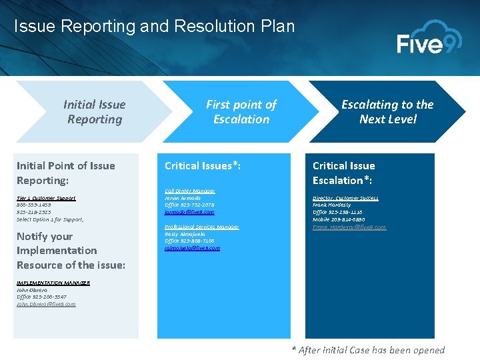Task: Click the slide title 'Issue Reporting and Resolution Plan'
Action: point(154,27)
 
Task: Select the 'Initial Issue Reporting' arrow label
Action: point(94,112)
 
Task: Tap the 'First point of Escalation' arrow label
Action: point(241,112)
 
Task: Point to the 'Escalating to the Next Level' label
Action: point(387,112)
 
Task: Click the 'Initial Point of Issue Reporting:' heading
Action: point(65,173)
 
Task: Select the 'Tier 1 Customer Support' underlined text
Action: point(46,198)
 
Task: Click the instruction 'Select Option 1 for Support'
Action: point(50,219)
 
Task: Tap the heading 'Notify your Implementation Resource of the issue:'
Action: point(71,251)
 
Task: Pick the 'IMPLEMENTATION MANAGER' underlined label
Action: point(53,283)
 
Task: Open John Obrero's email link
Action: point(46,304)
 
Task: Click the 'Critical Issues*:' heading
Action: point(203,165)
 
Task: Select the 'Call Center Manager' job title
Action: point(189,191)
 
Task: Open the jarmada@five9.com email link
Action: point(189,212)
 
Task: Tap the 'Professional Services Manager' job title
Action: point(201,227)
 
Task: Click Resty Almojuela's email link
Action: point(192,248)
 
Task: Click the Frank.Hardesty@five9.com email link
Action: point(349,227)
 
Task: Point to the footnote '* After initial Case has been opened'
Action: point(368,350)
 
